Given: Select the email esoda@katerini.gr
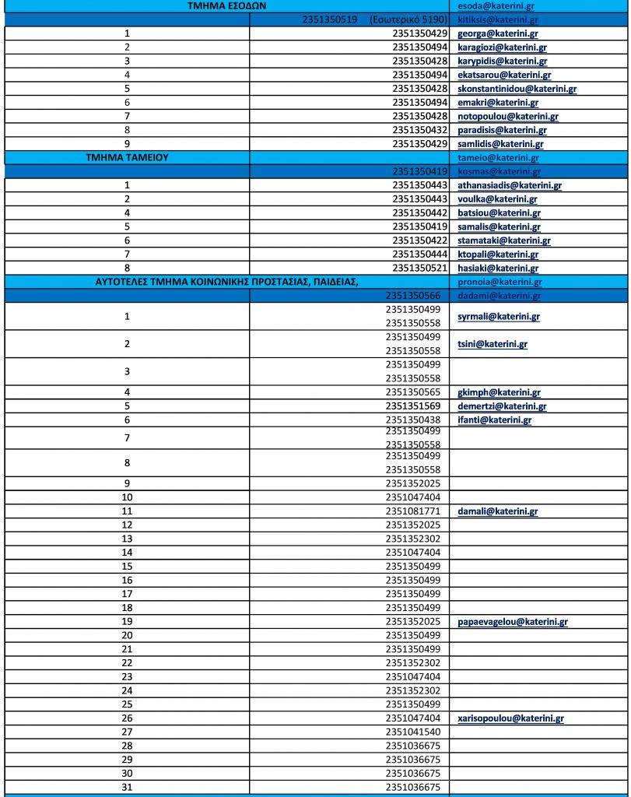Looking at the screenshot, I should point(496,5).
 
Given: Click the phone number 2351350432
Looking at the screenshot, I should point(420,130).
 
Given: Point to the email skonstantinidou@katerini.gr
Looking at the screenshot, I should point(517,89).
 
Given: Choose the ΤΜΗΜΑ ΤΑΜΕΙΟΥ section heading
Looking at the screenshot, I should point(128,157).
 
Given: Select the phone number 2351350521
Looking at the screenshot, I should point(420,268).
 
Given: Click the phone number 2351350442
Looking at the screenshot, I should point(420,212).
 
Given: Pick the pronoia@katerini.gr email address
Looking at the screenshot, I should point(500,282).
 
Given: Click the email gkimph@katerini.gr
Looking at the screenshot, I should point(500,393).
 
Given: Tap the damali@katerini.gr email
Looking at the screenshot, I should point(498,511).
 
